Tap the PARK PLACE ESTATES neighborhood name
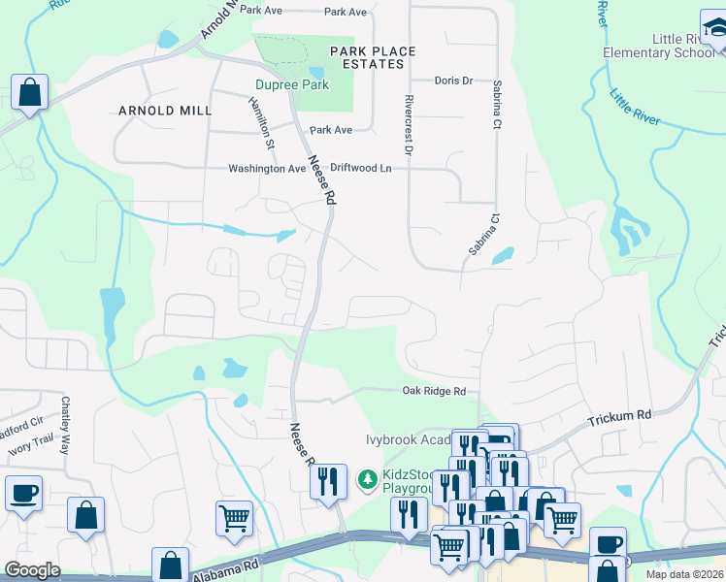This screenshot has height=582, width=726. tap(373, 57)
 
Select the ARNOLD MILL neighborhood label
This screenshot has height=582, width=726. tap(165, 111)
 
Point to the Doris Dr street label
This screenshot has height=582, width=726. tap(453, 81)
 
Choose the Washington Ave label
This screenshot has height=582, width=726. tap(267, 169)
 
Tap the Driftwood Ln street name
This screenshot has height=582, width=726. tap(360, 169)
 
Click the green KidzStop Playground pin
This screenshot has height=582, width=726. tap(368, 479)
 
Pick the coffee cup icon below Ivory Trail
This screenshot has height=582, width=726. tap(23, 493)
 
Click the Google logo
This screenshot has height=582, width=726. tap(32, 569)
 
